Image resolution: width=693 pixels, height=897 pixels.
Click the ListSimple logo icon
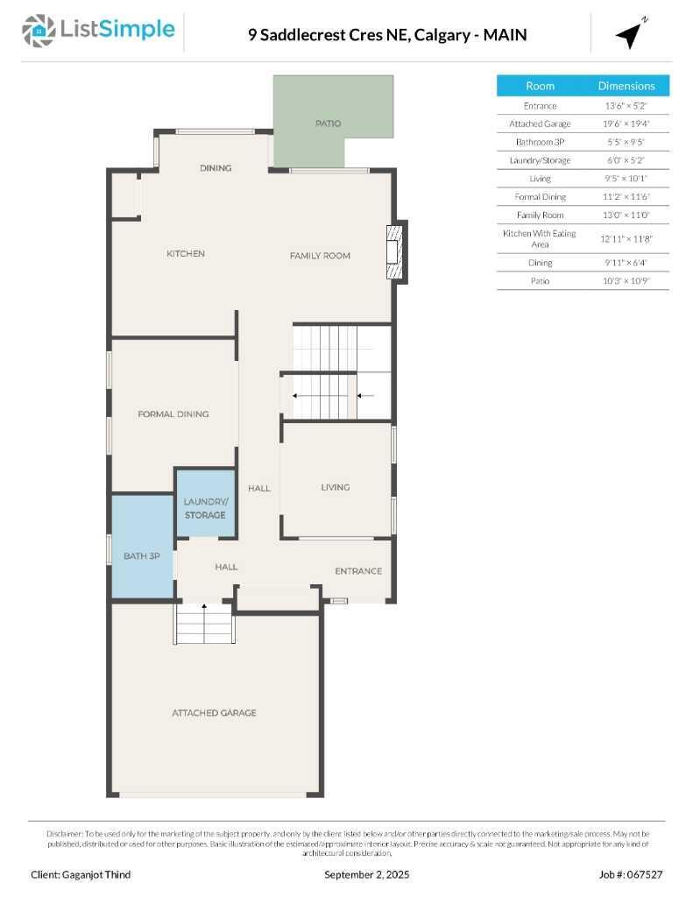click(x=38, y=31)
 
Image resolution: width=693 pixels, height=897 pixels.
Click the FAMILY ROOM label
click(x=320, y=256)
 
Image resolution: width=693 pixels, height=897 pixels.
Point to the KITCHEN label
click(x=186, y=254)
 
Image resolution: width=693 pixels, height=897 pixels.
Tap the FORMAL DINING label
click(x=173, y=414)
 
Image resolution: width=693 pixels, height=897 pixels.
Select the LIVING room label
click(x=335, y=487)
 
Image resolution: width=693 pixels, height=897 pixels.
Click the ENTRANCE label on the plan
click(x=358, y=571)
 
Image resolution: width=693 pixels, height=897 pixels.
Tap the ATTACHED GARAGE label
click(x=214, y=713)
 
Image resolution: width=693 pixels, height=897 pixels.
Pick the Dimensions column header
click(x=626, y=86)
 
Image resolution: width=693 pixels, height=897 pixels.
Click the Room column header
click(x=540, y=86)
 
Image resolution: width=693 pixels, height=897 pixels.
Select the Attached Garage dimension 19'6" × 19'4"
click(x=626, y=124)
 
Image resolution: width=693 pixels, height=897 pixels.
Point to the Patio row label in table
click(x=540, y=280)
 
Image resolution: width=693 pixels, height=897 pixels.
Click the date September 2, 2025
click(x=366, y=874)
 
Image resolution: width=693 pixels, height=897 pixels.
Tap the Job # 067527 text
click(x=631, y=874)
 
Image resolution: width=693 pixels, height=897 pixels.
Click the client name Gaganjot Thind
click(x=81, y=874)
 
